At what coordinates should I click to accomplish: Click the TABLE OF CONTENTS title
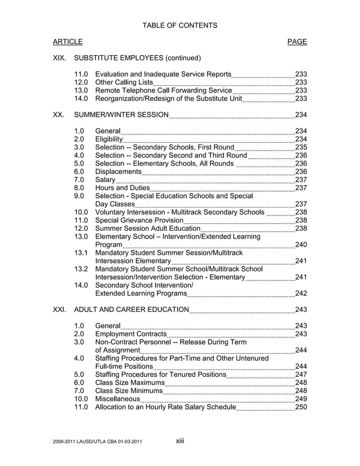(179, 25)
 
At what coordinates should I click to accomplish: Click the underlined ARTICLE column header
(68, 42)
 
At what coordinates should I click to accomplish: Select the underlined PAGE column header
(297, 42)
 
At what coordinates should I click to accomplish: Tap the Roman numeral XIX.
(59, 58)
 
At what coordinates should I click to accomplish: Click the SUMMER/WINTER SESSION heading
(121, 116)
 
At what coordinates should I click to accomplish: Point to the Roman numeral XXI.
(60, 310)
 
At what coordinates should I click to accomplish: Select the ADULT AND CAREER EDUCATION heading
(131, 310)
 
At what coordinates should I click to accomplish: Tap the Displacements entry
(118, 172)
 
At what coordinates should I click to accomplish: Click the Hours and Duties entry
(122, 188)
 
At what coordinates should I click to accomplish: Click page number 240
(301, 245)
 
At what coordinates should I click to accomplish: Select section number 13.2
(81, 269)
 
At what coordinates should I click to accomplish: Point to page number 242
(301, 293)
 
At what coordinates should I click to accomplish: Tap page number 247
(301, 375)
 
